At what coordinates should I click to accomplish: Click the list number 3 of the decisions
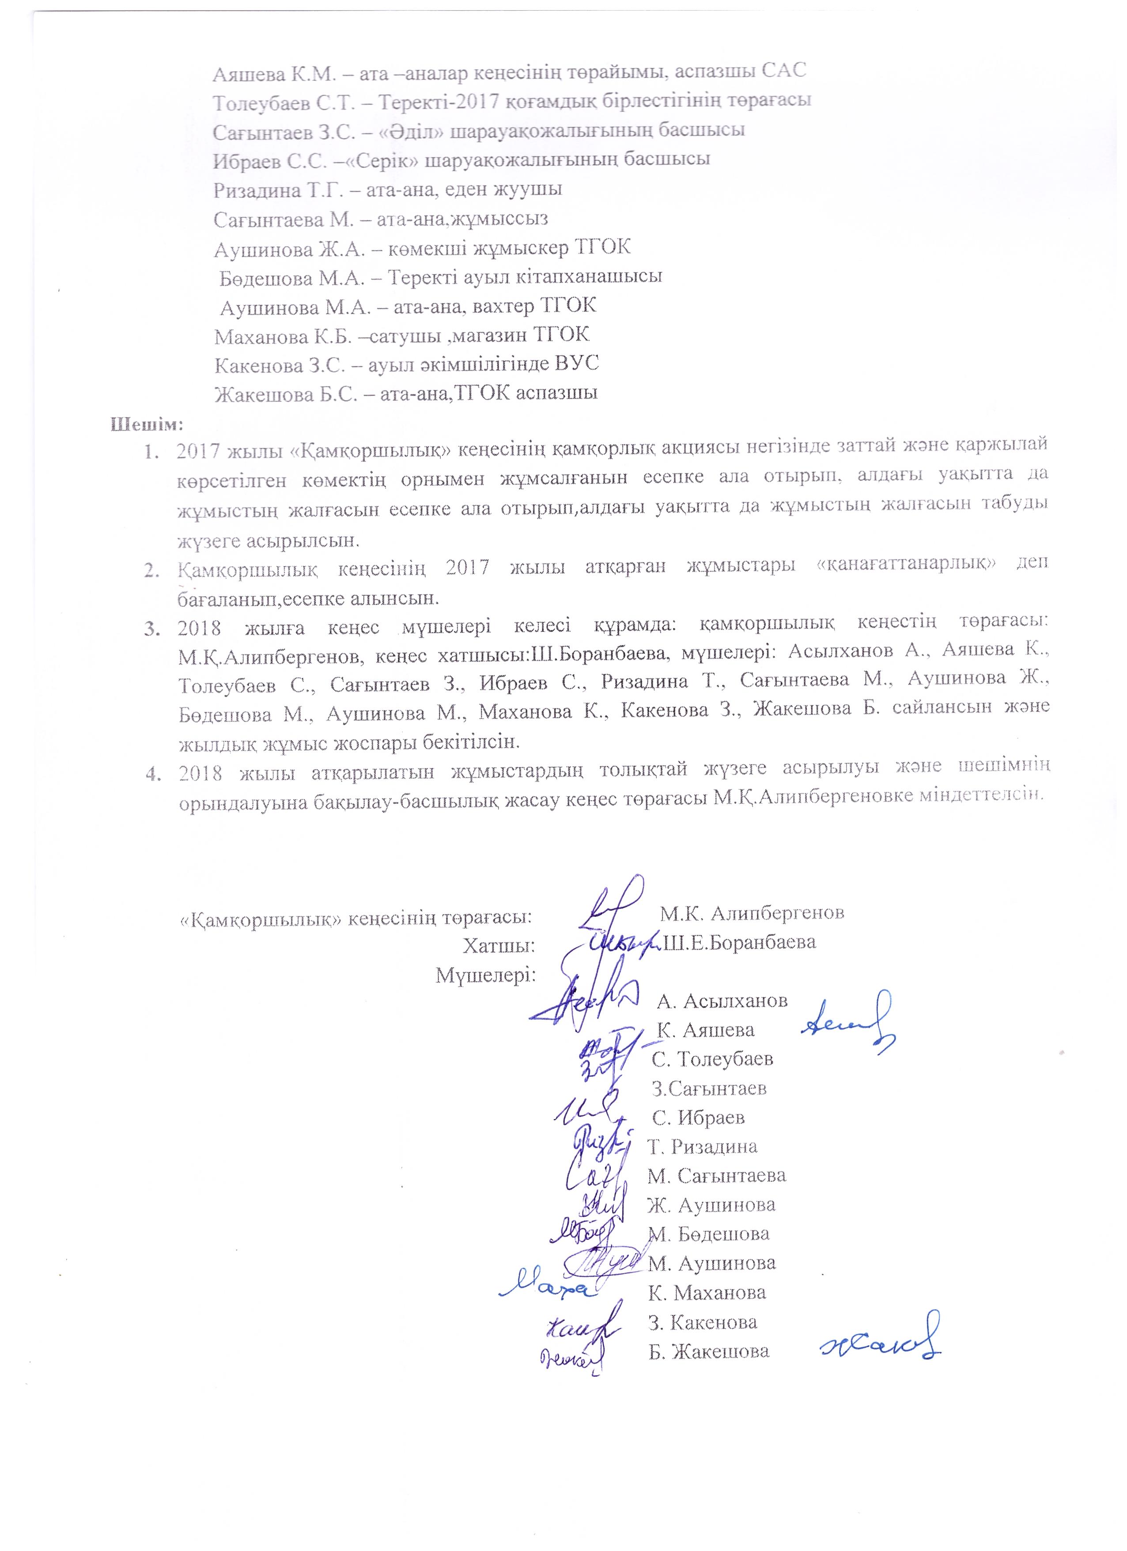[x=152, y=628]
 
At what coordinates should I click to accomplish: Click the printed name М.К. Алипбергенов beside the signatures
[x=752, y=913]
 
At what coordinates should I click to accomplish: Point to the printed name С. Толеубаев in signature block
[x=713, y=1059]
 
